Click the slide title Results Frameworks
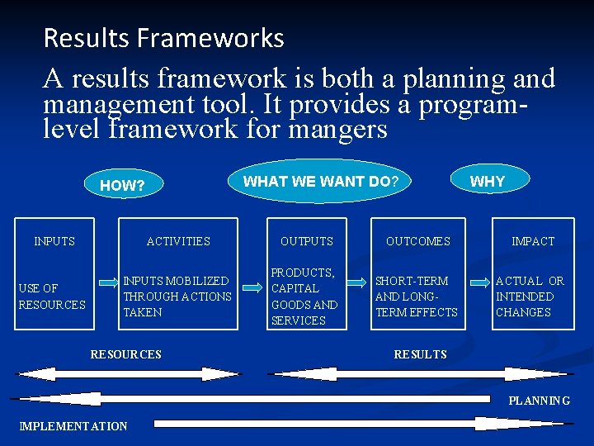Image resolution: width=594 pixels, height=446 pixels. pyautogui.click(x=163, y=38)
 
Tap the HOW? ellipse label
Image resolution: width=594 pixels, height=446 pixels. pyautogui.click(x=122, y=186)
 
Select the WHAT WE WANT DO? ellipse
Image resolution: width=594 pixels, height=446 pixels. pyautogui.click(x=321, y=181)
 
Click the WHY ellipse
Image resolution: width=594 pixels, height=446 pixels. pyautogui.click(x=487, y=181)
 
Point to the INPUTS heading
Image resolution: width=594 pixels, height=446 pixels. pyautogui.click(x=54, y=241)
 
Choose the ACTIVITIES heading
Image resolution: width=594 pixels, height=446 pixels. pyautogui.click(x=178, y=241)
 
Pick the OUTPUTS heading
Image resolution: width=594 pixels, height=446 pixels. pyautogui.click(x=307, y=241)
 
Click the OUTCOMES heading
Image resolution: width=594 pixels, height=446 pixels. pyautogui.click(x=418, y=241)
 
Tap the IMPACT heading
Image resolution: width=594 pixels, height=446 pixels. pyautogui.click(x=533, y=241)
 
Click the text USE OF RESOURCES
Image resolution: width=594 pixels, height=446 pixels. pyautogui.click(x=52, y=297)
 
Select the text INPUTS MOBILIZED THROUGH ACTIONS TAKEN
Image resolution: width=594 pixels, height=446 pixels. pyautogui.click(x=177, y=297)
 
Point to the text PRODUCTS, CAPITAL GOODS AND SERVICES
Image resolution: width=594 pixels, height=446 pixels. pyautogui.click(x=304, y=297)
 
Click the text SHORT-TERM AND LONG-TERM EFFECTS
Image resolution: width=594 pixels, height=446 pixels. pyautogui.click(x=416, y=297)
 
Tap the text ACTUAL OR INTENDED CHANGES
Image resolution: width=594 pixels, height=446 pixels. pyautogui.click(x=530, y=297)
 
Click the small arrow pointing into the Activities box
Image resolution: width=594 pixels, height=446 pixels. pyautogui.click(x=108, y=282)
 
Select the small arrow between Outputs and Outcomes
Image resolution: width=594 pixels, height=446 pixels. pyautogui.click(x=357, y=282)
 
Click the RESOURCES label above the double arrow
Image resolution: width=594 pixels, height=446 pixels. pyautogui.click(x=126, y=354)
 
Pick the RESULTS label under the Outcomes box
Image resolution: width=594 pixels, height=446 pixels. pyautogui.click(x=420, y=354)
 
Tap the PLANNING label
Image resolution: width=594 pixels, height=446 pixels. pyautogui.click(x=539, y=401)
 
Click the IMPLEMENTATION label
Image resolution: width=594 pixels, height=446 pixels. pyautogui.click(x=73, y=426)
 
